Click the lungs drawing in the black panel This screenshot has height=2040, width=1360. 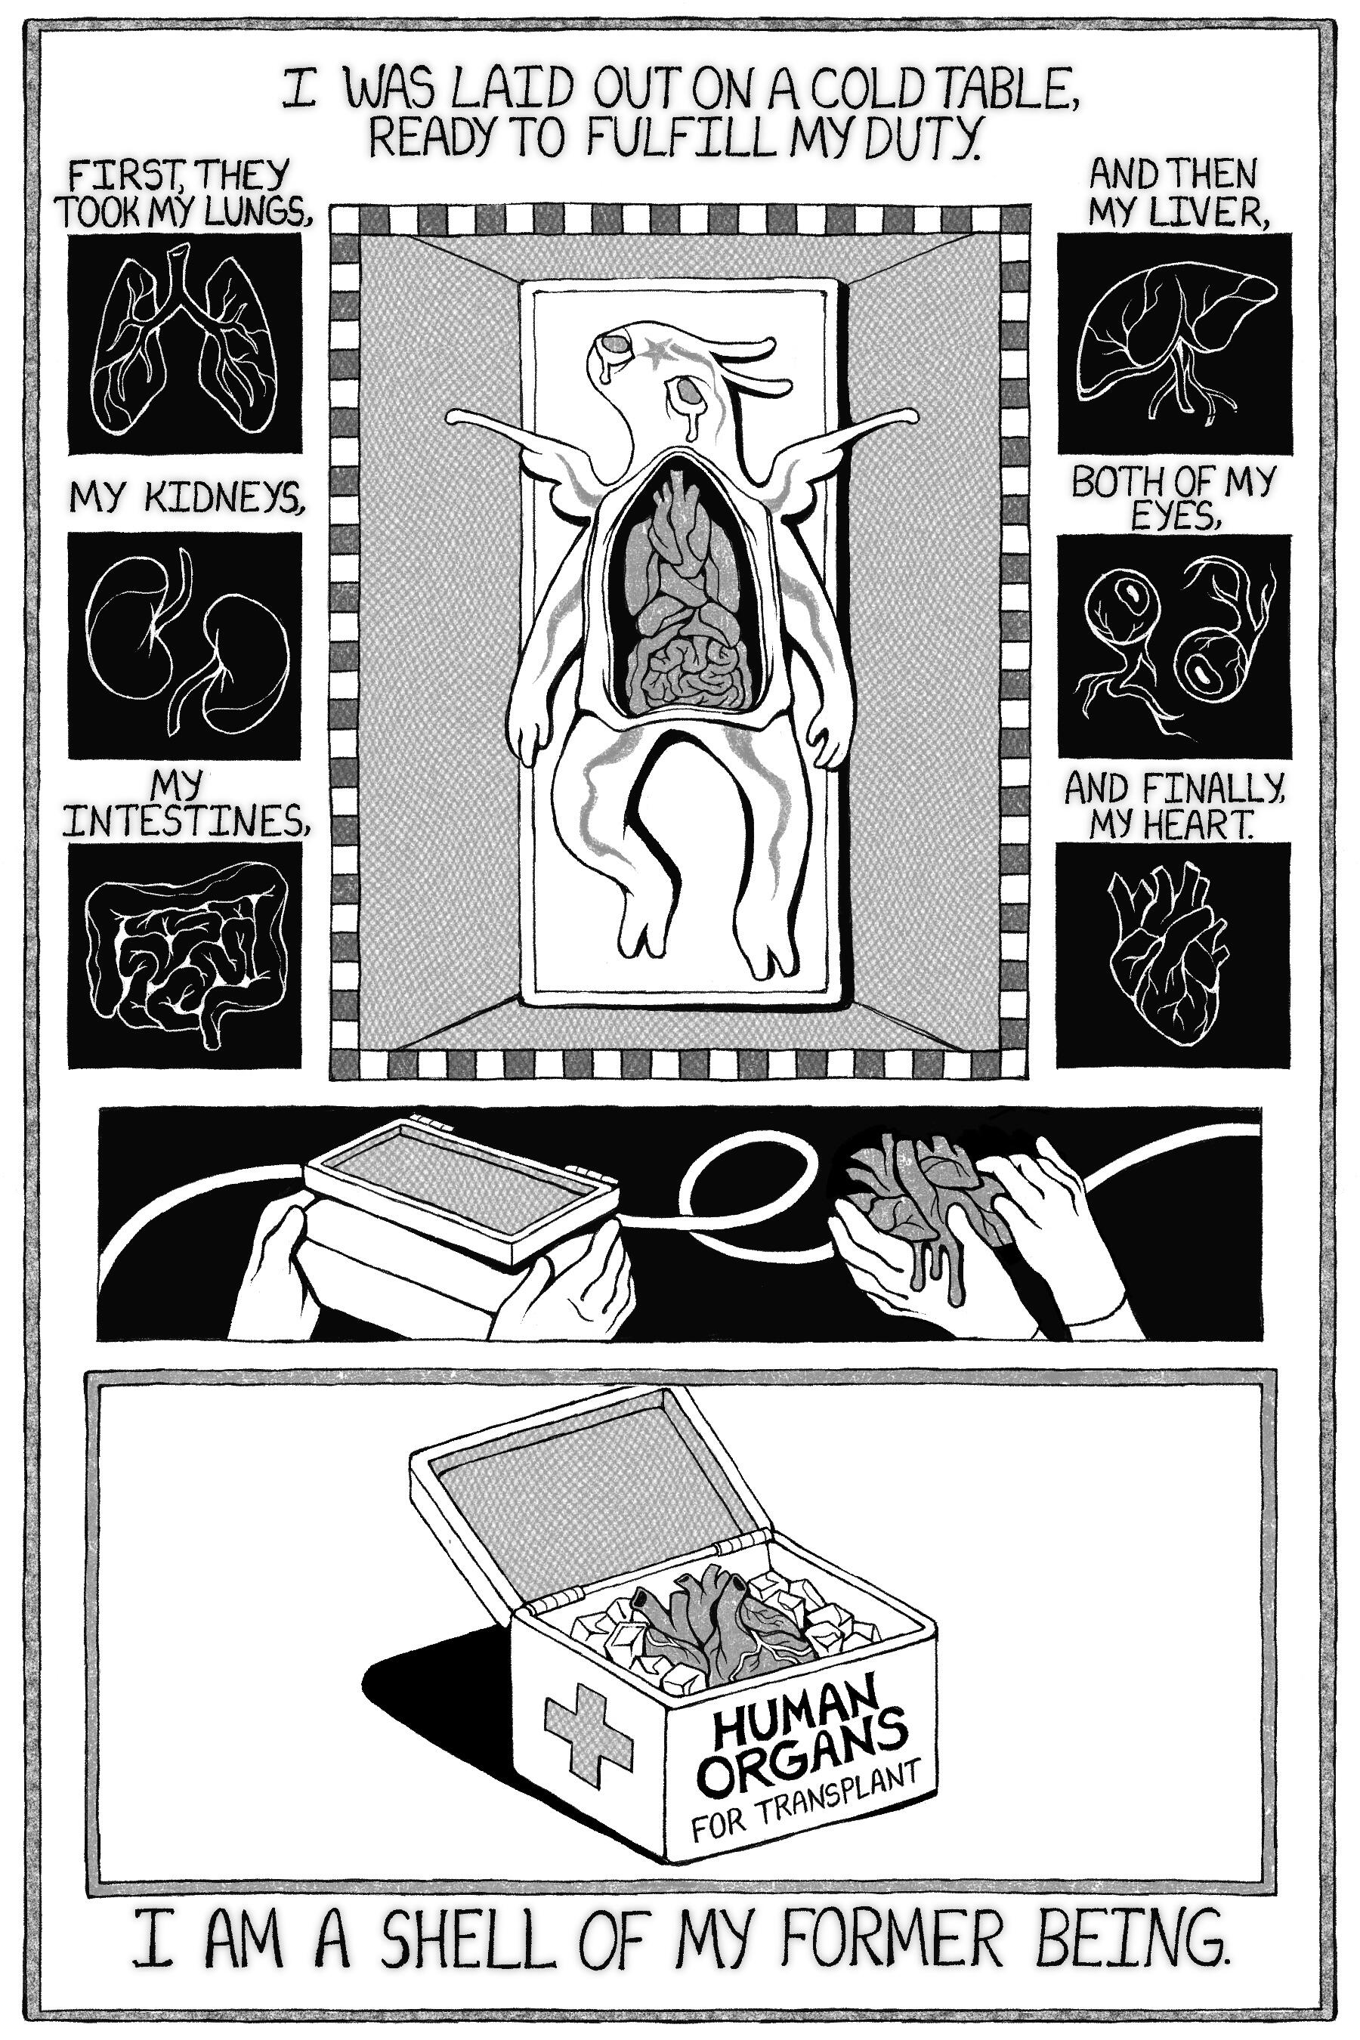[185, 342]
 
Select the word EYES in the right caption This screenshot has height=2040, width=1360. [1172, 517]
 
